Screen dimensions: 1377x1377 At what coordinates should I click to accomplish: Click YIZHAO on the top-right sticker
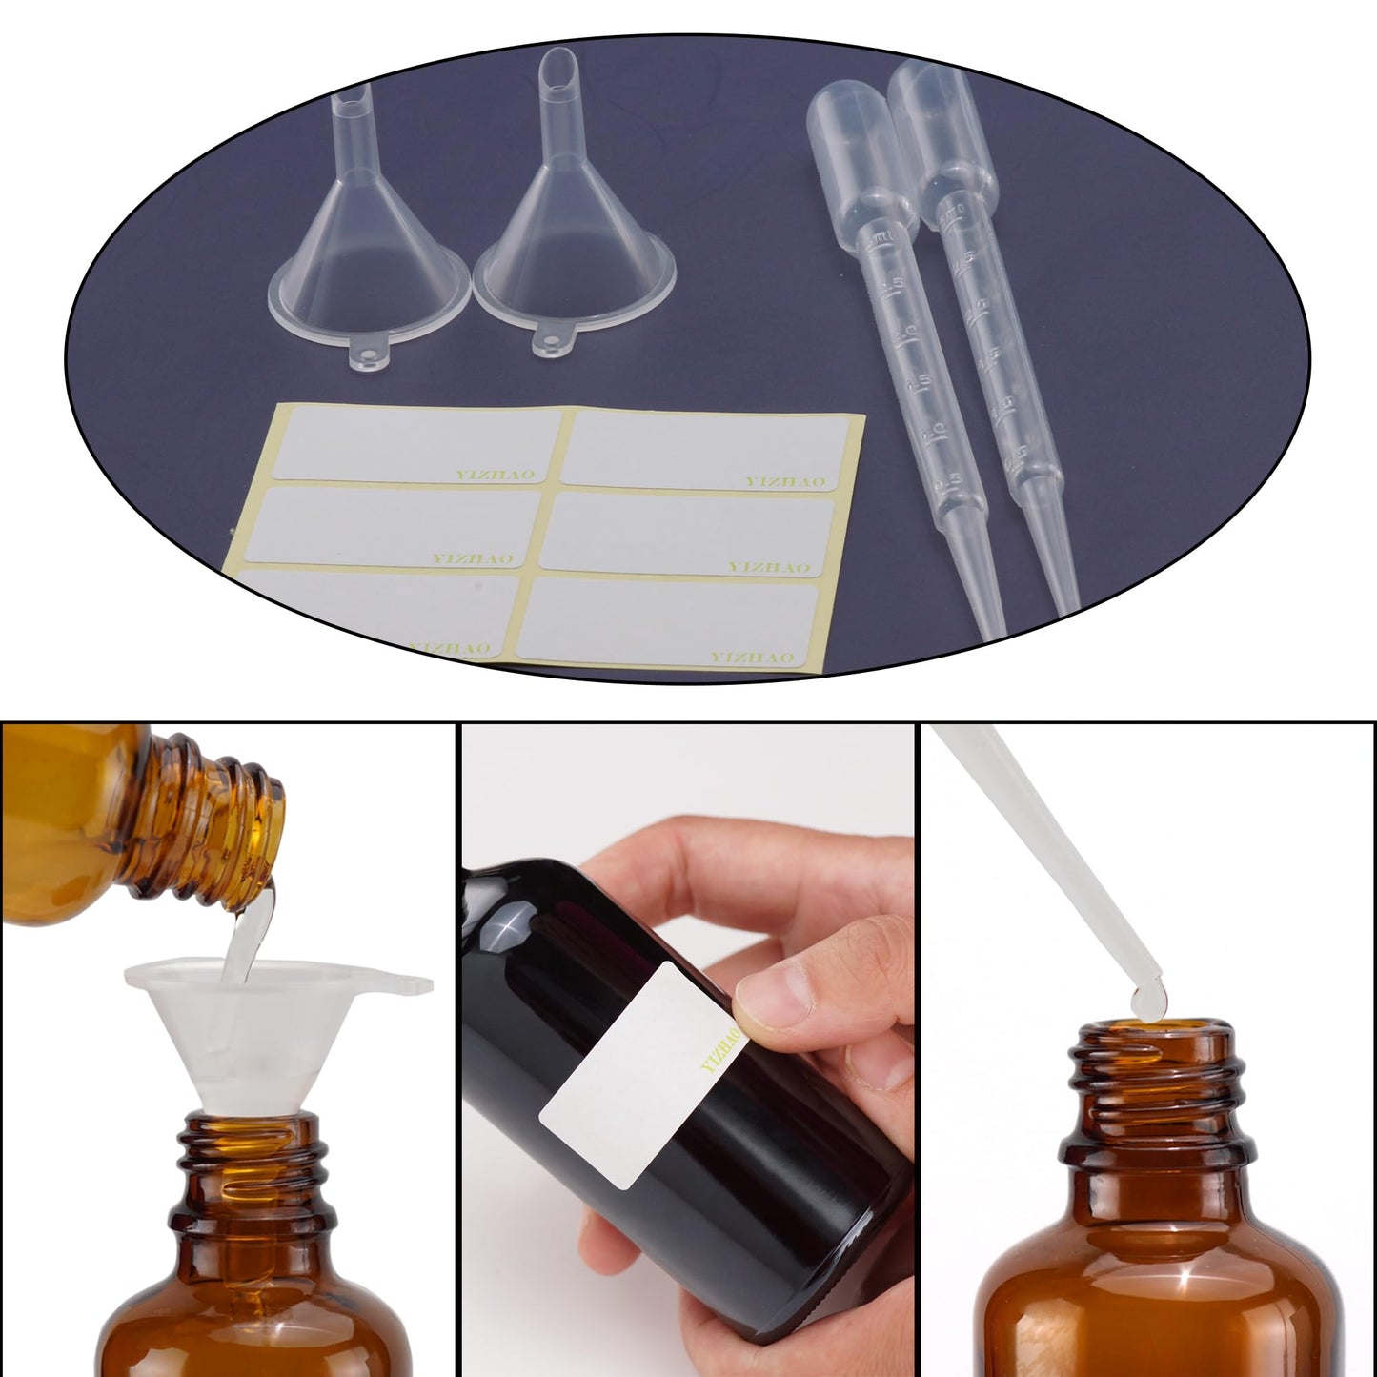pyautogui.click(x=785, y=482)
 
